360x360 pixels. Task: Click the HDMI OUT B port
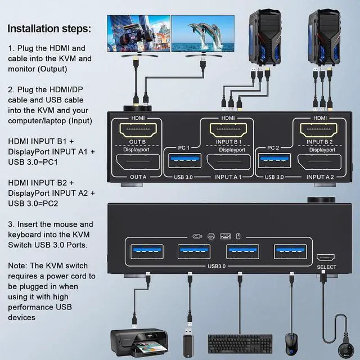(x=137, y=133)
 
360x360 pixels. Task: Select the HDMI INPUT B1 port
(x=228, y=133)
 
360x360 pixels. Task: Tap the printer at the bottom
(x=140, y=339)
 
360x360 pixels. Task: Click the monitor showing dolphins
(x=202, y=34)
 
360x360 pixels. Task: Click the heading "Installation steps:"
(x=49, y=28)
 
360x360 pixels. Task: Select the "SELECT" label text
(x=326, y=267)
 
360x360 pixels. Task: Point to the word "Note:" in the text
(x=19, y=265)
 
